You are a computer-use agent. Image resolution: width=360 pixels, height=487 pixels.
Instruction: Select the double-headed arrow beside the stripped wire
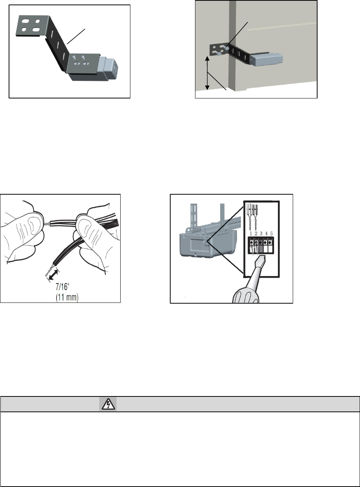[52, 275]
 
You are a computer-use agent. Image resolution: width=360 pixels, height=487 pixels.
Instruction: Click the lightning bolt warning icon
[108, 404]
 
